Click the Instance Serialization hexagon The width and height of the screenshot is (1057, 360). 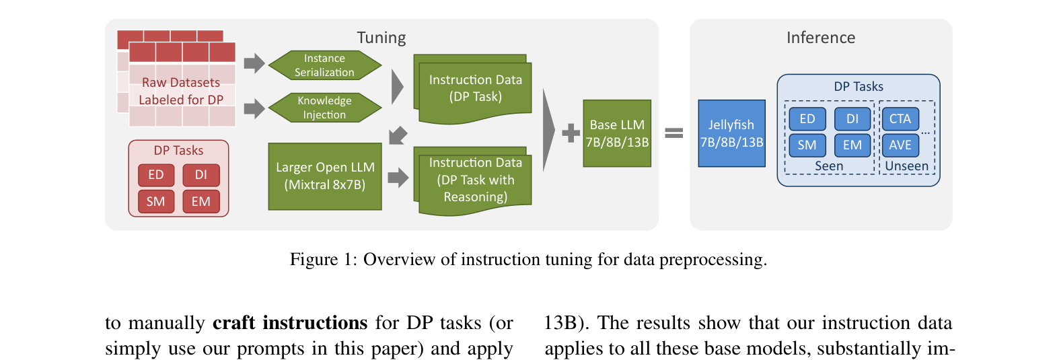324,66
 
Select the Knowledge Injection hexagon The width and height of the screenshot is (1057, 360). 324,108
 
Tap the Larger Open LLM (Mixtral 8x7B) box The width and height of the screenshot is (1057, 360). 325,176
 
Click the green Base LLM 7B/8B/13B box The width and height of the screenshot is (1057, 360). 617,133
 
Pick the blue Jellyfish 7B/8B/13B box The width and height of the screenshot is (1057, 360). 731,133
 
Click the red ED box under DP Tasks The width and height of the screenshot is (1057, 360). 156,175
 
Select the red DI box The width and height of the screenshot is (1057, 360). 201,175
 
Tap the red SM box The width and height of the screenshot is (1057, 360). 156,201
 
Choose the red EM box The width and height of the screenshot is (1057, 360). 201,201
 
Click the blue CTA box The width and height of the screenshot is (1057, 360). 900,119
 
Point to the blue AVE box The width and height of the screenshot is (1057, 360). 900,145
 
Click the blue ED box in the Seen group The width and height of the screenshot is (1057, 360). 807,119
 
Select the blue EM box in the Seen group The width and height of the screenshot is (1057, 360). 852,145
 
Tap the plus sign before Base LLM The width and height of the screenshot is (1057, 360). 571,133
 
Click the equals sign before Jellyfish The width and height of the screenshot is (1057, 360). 674,133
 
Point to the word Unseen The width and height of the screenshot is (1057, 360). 906,166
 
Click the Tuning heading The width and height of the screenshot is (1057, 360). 381,38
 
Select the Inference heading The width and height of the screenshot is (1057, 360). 821,38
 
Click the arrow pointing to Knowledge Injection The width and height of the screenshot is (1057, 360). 254,108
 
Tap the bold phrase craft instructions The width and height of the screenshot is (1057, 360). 290,324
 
